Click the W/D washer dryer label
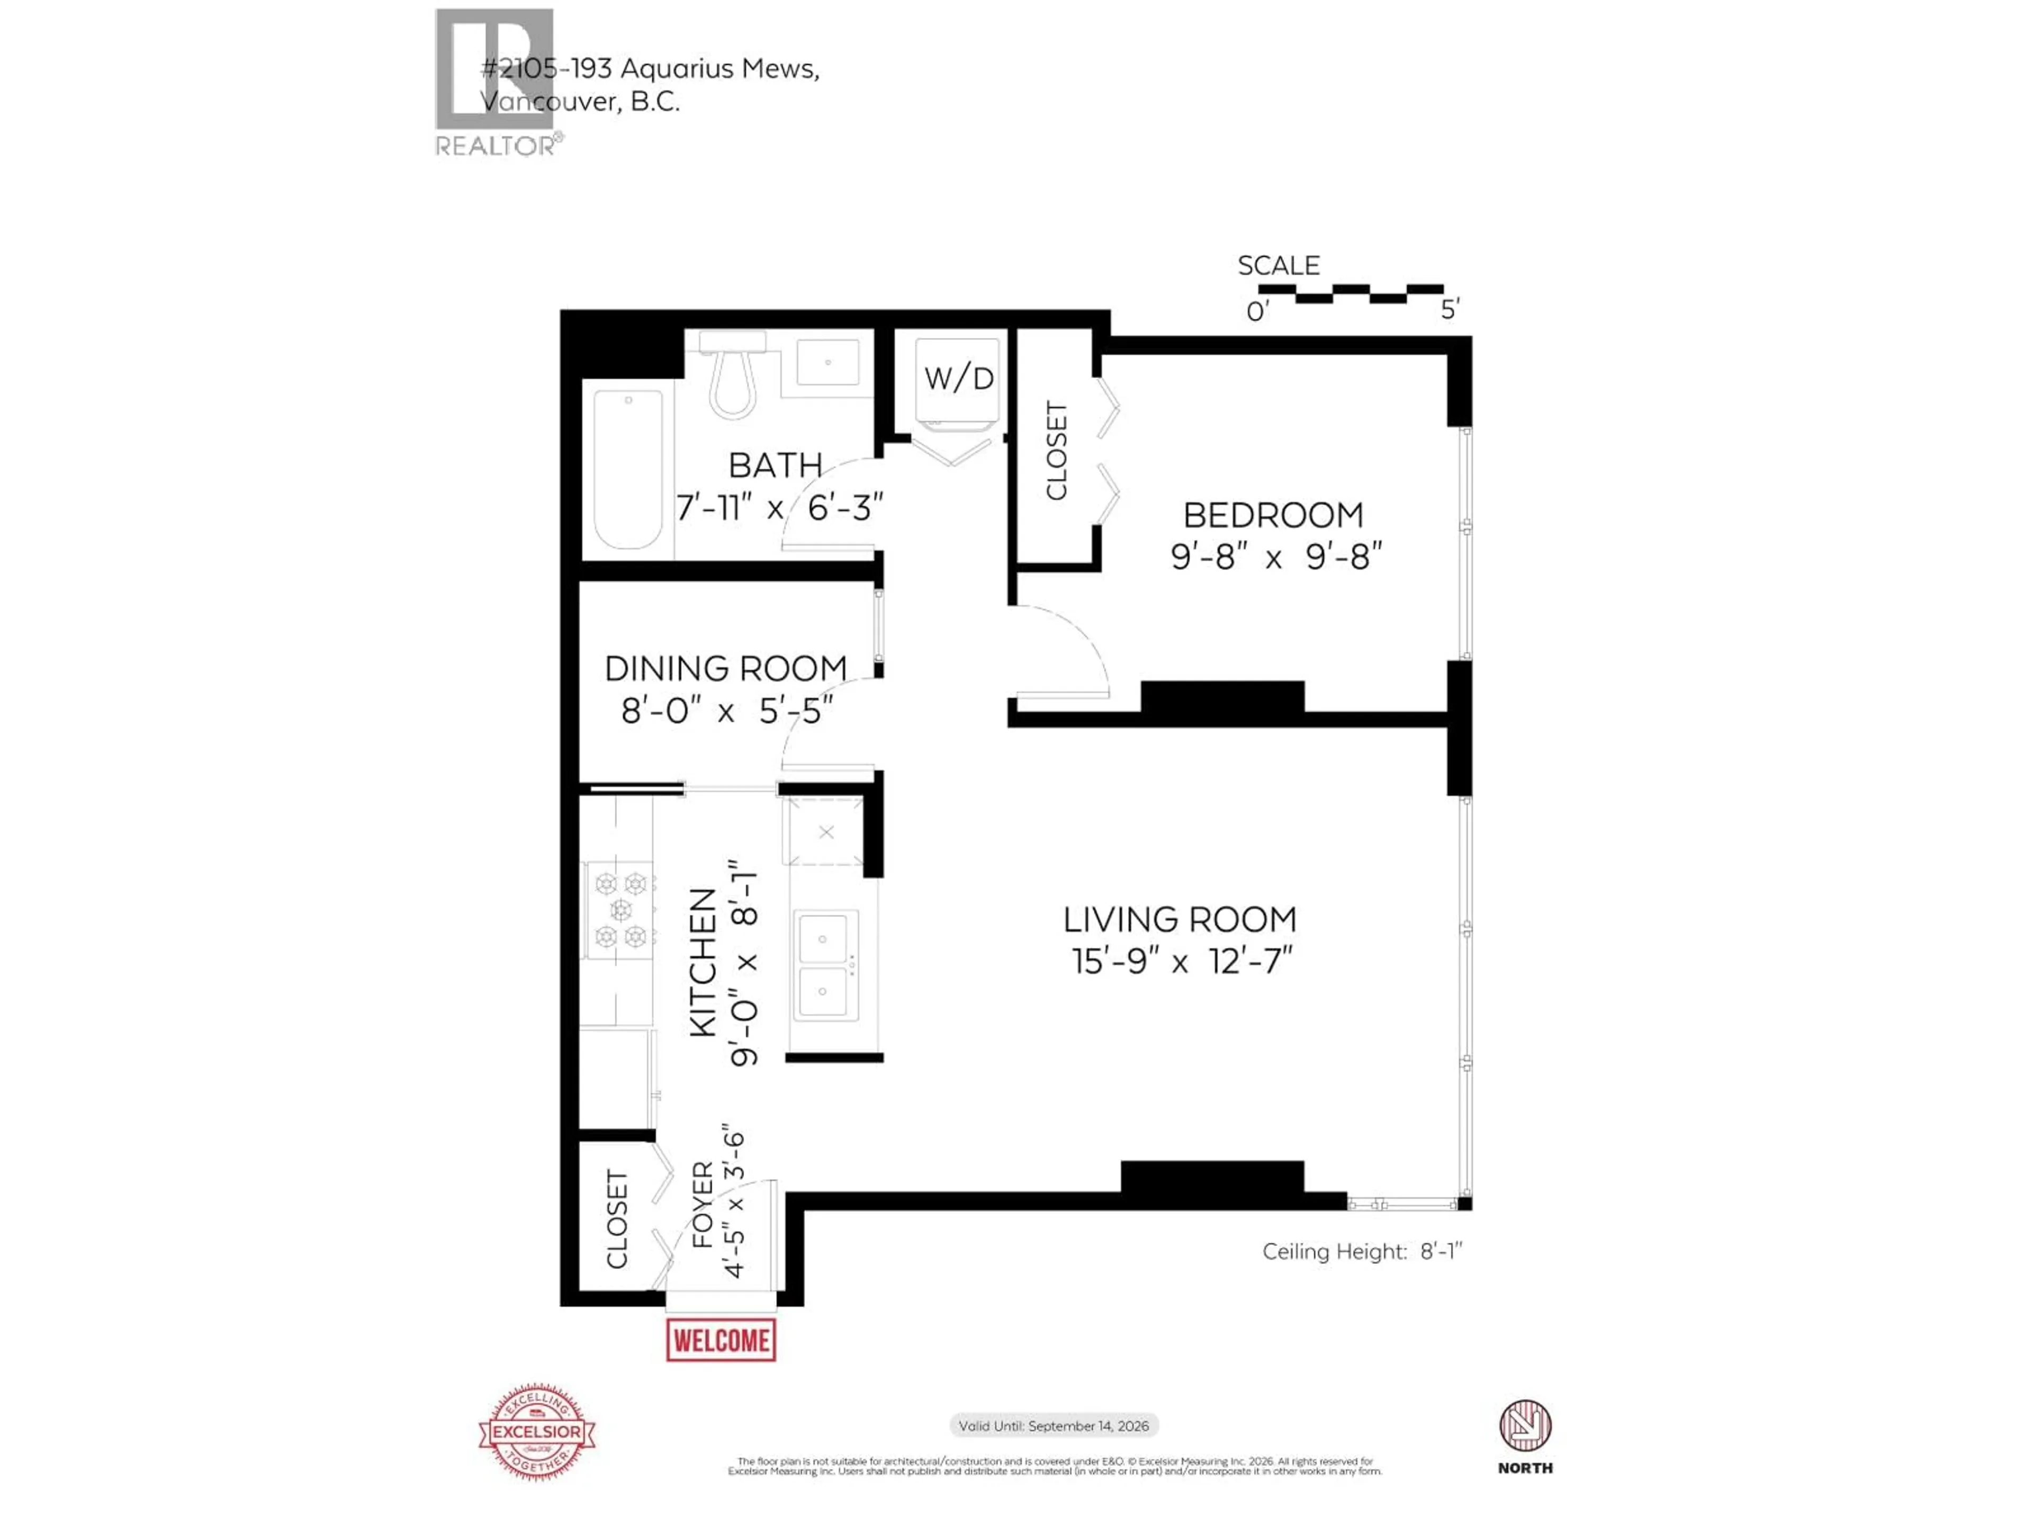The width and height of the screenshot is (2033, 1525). point(959,378)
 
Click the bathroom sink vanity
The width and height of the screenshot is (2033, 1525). point(827,362)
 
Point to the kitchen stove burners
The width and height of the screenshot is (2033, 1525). point(620,910)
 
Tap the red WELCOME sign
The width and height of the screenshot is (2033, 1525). point(721,1340)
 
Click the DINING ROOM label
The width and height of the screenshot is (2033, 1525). point(725,668)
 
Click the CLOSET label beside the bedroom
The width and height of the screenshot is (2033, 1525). point(1057,451)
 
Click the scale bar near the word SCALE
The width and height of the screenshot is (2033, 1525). point(1350,293)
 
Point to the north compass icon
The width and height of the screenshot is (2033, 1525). point(1525,1426)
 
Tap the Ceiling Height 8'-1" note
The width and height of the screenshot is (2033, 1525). point(1361,1251)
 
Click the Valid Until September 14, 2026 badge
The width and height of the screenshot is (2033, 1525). point(1053,1426)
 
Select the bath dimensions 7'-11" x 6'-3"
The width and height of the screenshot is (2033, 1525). point(779,507)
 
